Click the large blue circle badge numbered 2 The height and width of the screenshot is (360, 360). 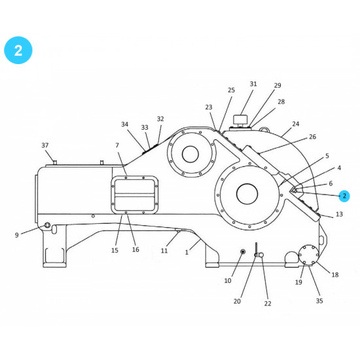tap(18, 51)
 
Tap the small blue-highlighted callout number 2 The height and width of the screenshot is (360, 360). tap(344, 196)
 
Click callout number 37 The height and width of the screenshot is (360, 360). tap(45, 145)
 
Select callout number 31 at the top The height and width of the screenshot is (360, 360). tap(253, 84)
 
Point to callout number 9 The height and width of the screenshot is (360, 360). tap(16, 234)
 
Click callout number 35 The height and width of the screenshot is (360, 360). tap(319, 301)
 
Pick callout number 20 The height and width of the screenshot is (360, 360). tap(237, 301)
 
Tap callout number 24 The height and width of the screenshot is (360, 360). tap(296, 124)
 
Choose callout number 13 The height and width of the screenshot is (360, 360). tap(339, 214)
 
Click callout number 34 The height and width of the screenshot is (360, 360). tap(125, 124)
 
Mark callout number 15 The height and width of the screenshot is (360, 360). tap(115, 250)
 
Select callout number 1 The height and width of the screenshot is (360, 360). tap(187, 251)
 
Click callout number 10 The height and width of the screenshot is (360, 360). tap(228, 281)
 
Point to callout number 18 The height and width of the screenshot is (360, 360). tap(335, 275)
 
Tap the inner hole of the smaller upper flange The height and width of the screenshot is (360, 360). tap(190, 154)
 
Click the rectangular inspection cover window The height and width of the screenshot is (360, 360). tap(134, 194)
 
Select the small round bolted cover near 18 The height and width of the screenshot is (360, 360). tap(307, 255)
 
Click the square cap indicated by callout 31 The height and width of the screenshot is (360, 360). tap(241, 120)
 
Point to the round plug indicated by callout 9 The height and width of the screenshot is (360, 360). tap(47, 226)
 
